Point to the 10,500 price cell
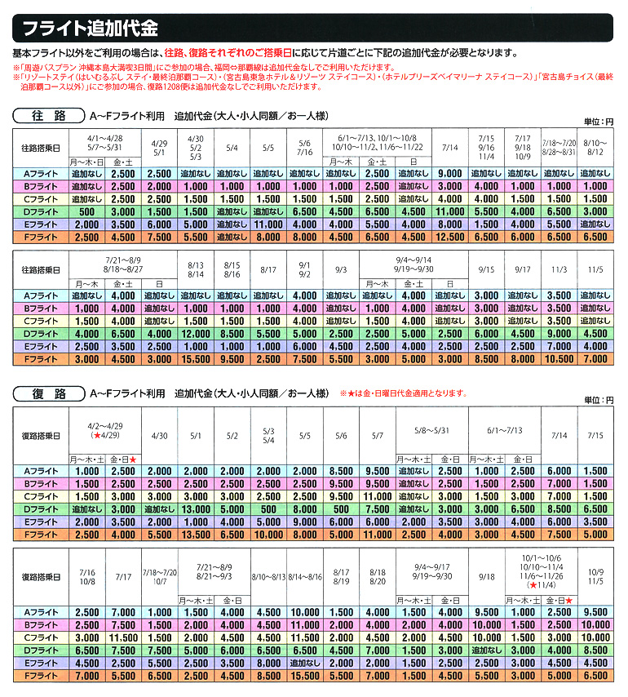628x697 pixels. click(x=559, y=358)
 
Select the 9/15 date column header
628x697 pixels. click(x=487, y=269)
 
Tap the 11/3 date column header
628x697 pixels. click(x=559, y=269)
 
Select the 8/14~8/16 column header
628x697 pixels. click(x=303, y=575)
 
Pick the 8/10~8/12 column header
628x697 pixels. click(x=595, y=147)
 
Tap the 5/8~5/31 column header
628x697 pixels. click(x=431, y=430)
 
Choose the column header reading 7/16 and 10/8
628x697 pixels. click(x=87, y=575)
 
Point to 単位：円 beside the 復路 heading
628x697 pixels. click(x=599, y=400)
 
